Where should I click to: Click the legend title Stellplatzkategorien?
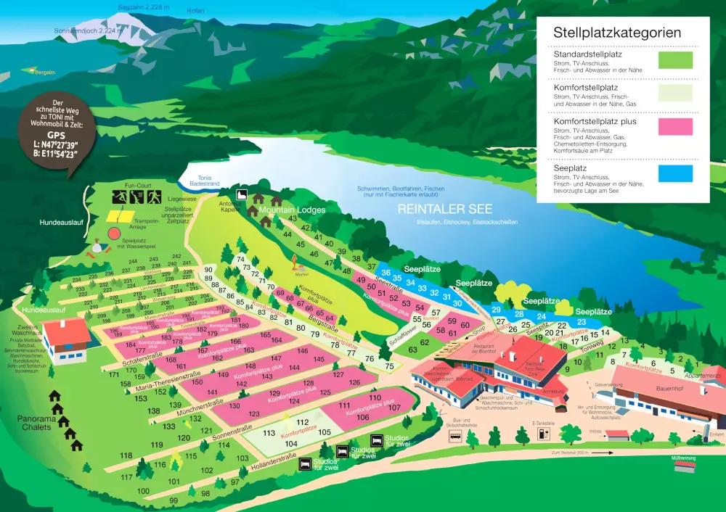tap(616, 33)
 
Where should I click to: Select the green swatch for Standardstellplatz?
tap(675, 59)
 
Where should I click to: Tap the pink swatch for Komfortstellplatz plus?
tap(675, 126)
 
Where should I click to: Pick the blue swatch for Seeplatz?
tap(675, 173)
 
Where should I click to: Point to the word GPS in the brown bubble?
tap(56, 135)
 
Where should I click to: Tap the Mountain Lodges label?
tap(292, 210)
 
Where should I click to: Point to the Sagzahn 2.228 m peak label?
tap(143, 7)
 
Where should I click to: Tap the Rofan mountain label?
tap(195, 11)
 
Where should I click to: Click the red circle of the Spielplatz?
tap(114, 234)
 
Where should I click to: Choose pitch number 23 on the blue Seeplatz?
tap(581, 322)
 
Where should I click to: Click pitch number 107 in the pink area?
tap(394, 408)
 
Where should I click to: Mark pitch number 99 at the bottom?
tap(174, 501)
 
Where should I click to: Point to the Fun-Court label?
tap(136, 186)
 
